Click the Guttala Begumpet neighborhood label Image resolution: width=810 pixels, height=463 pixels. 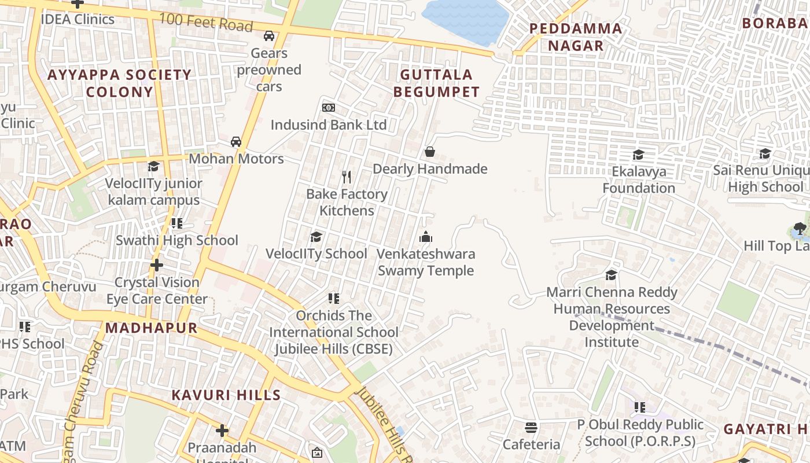(x=436, y=83)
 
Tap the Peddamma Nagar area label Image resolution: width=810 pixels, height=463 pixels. (x=576, y=37)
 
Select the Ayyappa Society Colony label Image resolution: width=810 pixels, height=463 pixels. (x=119, y=83)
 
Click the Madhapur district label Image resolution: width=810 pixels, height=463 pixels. (x=152, y=328)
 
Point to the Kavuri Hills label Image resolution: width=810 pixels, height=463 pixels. (x=226, y=395)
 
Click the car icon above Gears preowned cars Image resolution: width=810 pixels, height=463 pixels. (x=269, y=36)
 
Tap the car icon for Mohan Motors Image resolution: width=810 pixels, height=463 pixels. (x=236, y=142)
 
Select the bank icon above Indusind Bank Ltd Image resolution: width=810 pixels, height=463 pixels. (x=328, y=108)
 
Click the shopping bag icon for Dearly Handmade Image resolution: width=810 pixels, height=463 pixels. (x=430, y=152)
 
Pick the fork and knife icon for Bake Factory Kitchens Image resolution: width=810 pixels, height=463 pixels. (x=347, y=177)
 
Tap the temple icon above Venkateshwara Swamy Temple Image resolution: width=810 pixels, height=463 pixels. (x=426, y=237)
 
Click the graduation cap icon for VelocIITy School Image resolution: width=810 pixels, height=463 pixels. (x=316, y=237)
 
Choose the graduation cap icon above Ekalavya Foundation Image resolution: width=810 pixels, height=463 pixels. (x=638, y=155)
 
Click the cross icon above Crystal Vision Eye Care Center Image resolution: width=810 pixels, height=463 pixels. (x=156, y=266)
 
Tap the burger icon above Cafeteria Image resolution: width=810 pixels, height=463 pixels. (x=531, y=428)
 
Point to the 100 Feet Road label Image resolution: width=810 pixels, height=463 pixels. (x=206, y=23)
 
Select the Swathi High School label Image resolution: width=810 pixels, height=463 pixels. (x=177, y=240)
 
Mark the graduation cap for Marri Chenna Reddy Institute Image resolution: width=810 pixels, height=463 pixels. (x=611, y=275)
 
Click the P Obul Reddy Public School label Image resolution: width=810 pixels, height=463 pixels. (x=640, y=433)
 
